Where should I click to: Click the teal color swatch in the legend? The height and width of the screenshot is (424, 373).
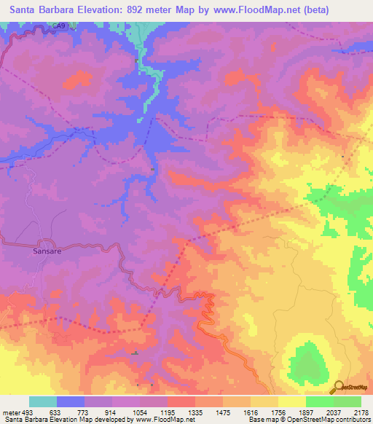tap(42, 401)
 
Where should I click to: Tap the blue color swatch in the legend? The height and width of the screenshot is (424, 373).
tap(70, 401)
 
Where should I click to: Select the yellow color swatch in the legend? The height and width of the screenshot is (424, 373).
tap(291, 401)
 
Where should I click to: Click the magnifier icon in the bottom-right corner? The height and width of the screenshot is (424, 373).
tap(338, 386)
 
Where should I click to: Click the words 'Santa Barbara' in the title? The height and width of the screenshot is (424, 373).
tap(37, 10)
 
